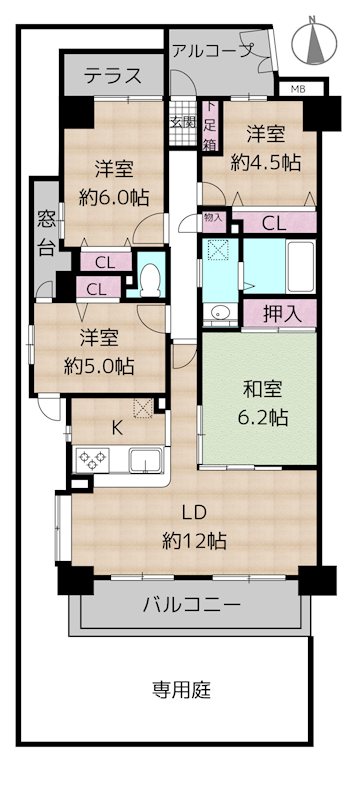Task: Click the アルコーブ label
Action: point(213,49)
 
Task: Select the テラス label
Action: point(112,75)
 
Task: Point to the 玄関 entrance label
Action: point(182,124)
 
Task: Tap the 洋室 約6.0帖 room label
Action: point(113,181)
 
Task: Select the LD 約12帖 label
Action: point(195,528)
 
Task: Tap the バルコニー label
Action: point(191,605)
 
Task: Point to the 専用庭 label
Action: point(181,690)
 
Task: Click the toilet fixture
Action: point(150,277)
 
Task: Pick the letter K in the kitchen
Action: point(117,428)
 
